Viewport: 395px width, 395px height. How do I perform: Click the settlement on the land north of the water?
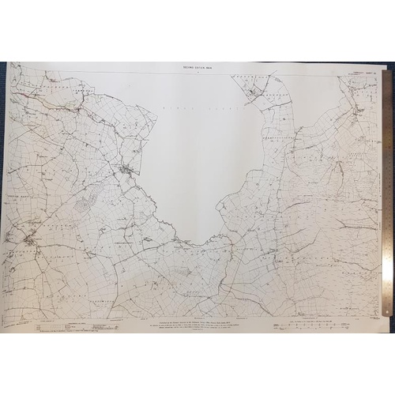point(251,96)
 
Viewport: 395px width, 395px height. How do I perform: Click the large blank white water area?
point(197,150)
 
